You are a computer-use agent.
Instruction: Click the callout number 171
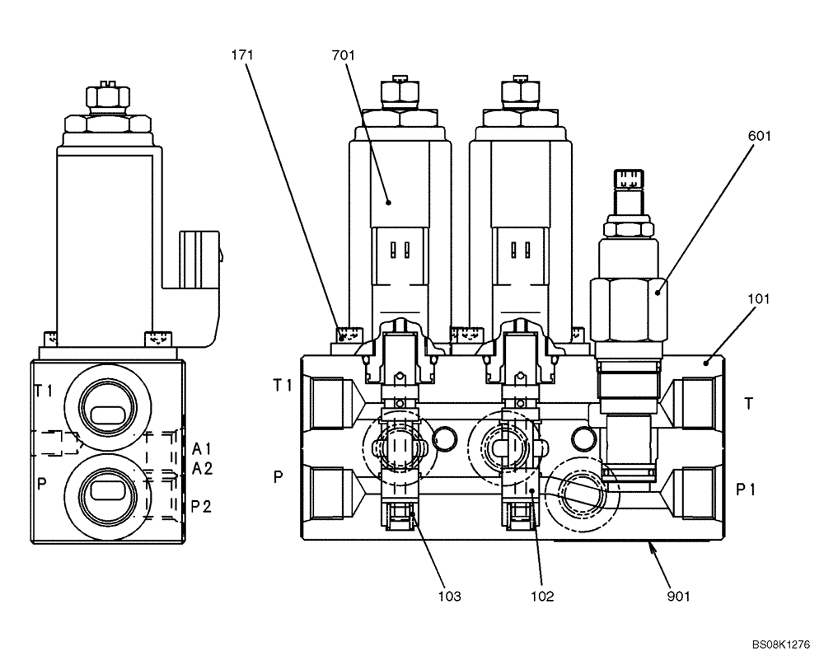(x=242, y=55)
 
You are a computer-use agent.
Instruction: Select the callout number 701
(x=343, y=55)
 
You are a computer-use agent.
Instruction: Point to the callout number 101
(x=759, y=298)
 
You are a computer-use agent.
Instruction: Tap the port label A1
(x=202, y=448)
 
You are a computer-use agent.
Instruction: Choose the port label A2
(x=202, y=468)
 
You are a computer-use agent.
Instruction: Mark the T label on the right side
(x=748, y=403)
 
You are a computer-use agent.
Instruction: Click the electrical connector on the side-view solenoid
(x=198, y=257)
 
